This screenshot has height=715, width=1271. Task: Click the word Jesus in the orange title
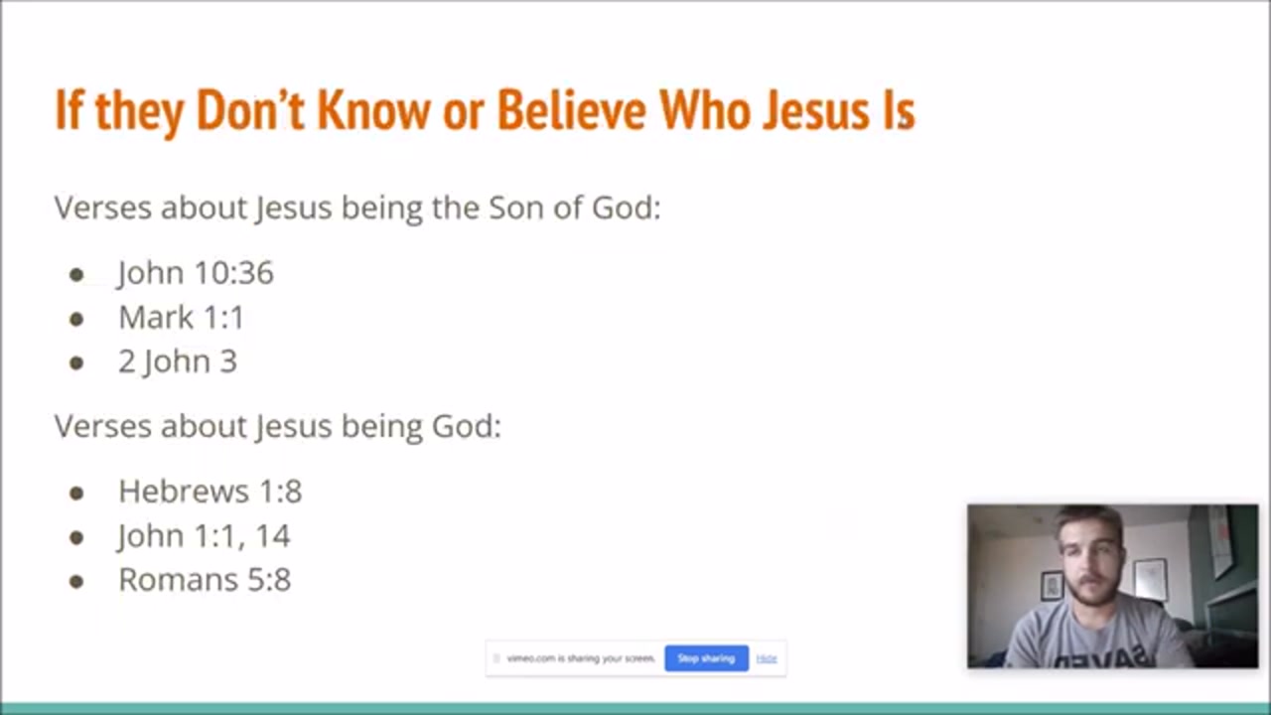[815, 110]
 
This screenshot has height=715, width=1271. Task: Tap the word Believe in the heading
[571, 110]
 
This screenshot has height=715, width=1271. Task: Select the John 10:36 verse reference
[196, 273]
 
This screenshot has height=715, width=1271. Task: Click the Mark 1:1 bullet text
[181, 317]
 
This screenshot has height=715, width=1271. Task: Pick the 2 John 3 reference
[178, 361]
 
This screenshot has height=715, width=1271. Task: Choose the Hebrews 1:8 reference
[211, 491]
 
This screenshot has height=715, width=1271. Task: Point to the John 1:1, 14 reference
[204, 535]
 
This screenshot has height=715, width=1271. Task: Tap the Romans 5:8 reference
[205, 579]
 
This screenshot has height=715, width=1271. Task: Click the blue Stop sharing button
[706, 658]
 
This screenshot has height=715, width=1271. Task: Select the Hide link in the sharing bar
[767, 658]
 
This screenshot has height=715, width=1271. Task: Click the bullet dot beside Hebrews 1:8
[76, 493]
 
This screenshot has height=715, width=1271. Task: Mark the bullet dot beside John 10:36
[76, 275]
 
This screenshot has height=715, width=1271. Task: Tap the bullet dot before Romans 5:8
[76, 581]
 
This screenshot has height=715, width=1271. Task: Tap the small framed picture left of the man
[1052, 585]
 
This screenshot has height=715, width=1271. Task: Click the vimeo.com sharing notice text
[581, 658]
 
